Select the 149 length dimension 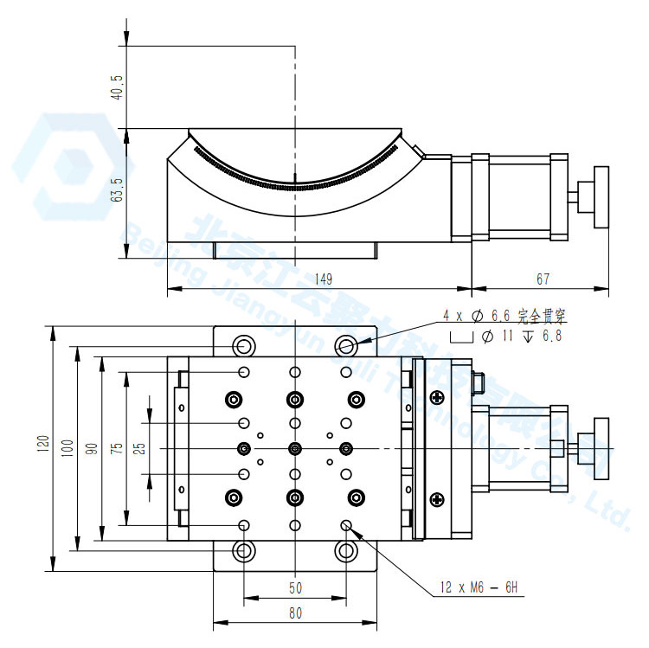tap(323, 279)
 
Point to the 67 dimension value tap(543, 279)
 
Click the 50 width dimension tap(295, 587)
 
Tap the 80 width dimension tap(295, 613)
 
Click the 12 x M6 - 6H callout tap(477, 588)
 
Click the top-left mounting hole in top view tap(244, 346)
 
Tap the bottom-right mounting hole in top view tap(347, 550)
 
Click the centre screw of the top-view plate tap(296, 448)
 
